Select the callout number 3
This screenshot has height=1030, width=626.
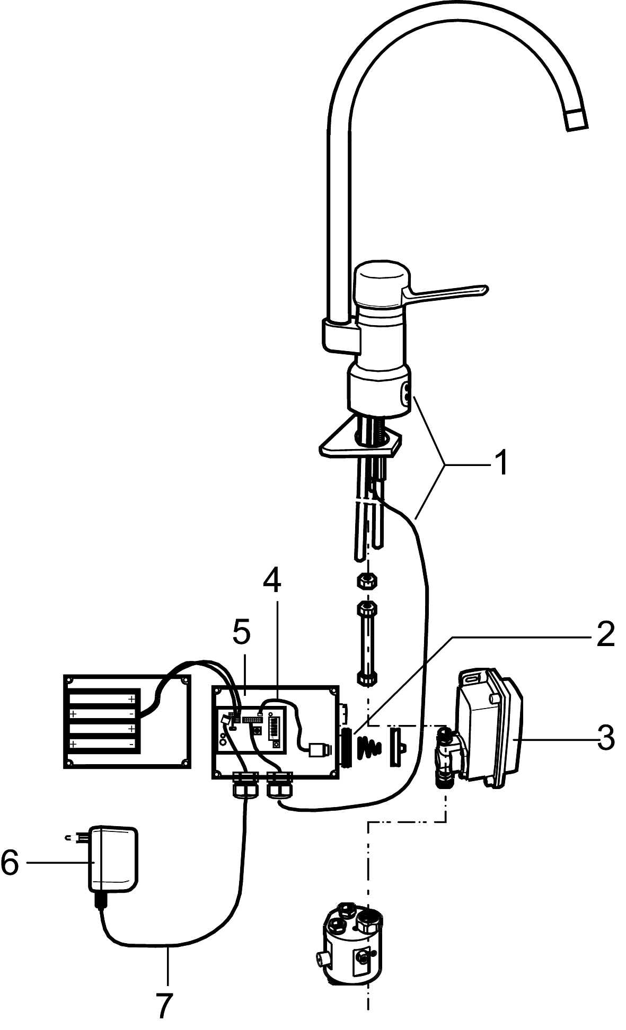click(605, 737)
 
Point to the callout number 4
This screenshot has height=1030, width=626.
click(272, 581)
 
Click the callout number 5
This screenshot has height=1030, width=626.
click(241, 633)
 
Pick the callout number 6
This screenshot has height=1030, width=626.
click(10, 863)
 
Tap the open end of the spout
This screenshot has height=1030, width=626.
click(576, 121)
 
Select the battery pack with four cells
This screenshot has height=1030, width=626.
click(128, 722)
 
